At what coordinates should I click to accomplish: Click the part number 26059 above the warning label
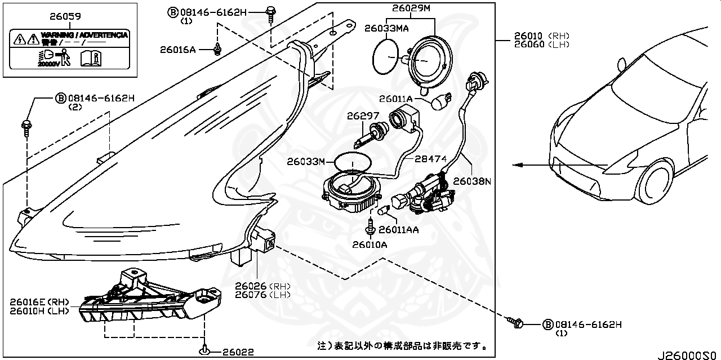pos(66,17)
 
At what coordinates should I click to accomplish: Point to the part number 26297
pos(363,115)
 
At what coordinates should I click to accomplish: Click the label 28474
pos(430,159)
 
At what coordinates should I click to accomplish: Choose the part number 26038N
pos(472,181)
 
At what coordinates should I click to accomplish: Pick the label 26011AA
pos(398,229)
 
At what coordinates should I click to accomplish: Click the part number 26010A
pos(370,245)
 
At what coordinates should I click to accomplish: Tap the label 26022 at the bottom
pos(237,352)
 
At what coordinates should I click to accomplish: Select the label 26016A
pos(177,50)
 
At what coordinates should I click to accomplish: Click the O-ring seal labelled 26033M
pos(353,162)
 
